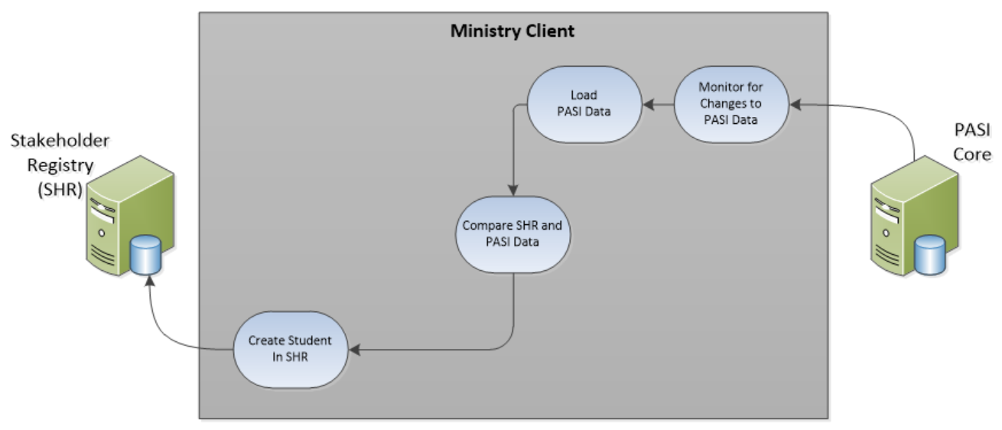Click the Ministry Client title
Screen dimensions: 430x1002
(512, 31)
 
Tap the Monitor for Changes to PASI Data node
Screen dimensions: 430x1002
(730, 103)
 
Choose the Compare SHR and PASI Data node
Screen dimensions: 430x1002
(512, 235)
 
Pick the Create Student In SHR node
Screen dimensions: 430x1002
(289, 349)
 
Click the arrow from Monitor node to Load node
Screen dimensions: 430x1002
(658, 104)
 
